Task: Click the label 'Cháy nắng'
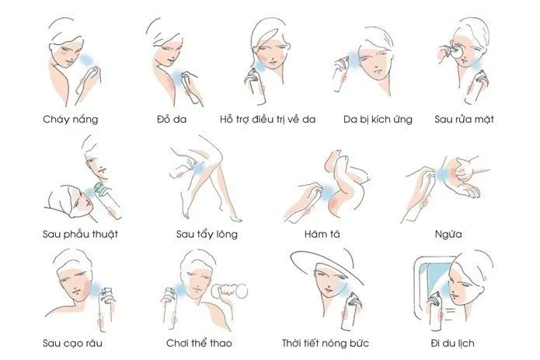[70, 120]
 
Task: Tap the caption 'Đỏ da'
[172, 119]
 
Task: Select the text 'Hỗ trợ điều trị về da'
[267, 119]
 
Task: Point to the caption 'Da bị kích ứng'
[378, 119]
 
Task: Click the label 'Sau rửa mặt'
[464, 119]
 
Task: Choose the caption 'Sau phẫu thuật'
[80, 234]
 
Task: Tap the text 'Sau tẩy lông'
[207, 234]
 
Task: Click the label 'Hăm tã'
[322, 234]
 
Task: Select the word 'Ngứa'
[448, 234]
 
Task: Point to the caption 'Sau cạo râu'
[72, 343]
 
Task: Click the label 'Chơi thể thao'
[199, 343]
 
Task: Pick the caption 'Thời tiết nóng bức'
[326, 343]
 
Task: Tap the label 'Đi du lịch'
[452, 343]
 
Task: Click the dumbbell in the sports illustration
[230, 291]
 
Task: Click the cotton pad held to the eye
[456, 52]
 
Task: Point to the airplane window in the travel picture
[434, 275]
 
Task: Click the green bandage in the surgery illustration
[101, 189]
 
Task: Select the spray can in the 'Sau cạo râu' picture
[106, 309]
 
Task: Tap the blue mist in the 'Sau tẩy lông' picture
[199, 169]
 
